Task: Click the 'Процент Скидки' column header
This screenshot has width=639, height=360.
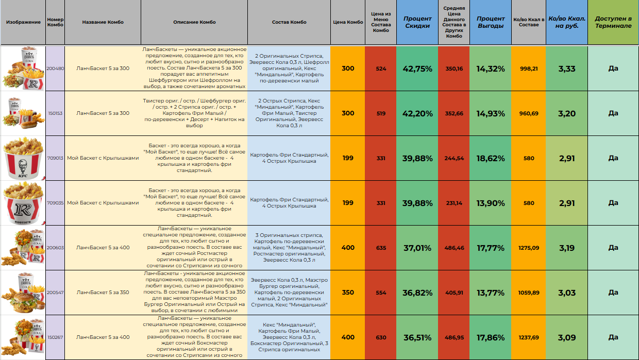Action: pyautogui.click(x=417, y=22)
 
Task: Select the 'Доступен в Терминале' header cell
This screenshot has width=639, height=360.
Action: pyautogui.click(x=613, y=22)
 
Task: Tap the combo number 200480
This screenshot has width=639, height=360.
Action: pyautogui.click(x=55, y=68)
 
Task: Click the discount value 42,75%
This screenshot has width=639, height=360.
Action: pyautogui.click(x=417, y=68)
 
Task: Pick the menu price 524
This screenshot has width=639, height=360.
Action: pyautogui.click(x=381, y=68)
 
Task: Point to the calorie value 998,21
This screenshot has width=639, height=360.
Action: pyautogui.click(x=529, y=68)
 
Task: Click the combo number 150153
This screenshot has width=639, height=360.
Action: pyautogui.click(x=55, y=113)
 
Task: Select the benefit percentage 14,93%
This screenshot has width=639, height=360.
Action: pyautogui.click(x=490, y=113)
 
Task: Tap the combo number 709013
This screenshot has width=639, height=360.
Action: pyautogui.click(x=55, y=158)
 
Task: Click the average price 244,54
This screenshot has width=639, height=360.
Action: pyautogui.click(x=454, y=158)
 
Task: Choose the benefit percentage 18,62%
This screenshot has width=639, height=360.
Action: pyautogui.click(x=490, y=158)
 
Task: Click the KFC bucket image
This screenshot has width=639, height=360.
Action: pyautogui.click(x=23, y=158)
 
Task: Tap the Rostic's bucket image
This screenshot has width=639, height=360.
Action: pyautogui.click(x=23, y=203)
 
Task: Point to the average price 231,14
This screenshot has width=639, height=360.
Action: pyautogui.click(x=454, y=203)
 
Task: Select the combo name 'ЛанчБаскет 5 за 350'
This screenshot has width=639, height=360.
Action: pyautogui.click(x=103, y=293)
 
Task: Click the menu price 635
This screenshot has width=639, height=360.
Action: pyautogui.click(x=381, y=248)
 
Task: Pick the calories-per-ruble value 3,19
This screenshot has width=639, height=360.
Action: pyautogui.click(x=566, y=248)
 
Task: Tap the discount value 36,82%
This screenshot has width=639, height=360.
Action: pyautogui.click(x=417, y=293)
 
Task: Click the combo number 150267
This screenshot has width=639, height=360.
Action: pyautogui.click(x=55, y=337)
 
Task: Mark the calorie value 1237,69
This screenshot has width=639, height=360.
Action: pyautogui.click(x=529, y=337)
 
